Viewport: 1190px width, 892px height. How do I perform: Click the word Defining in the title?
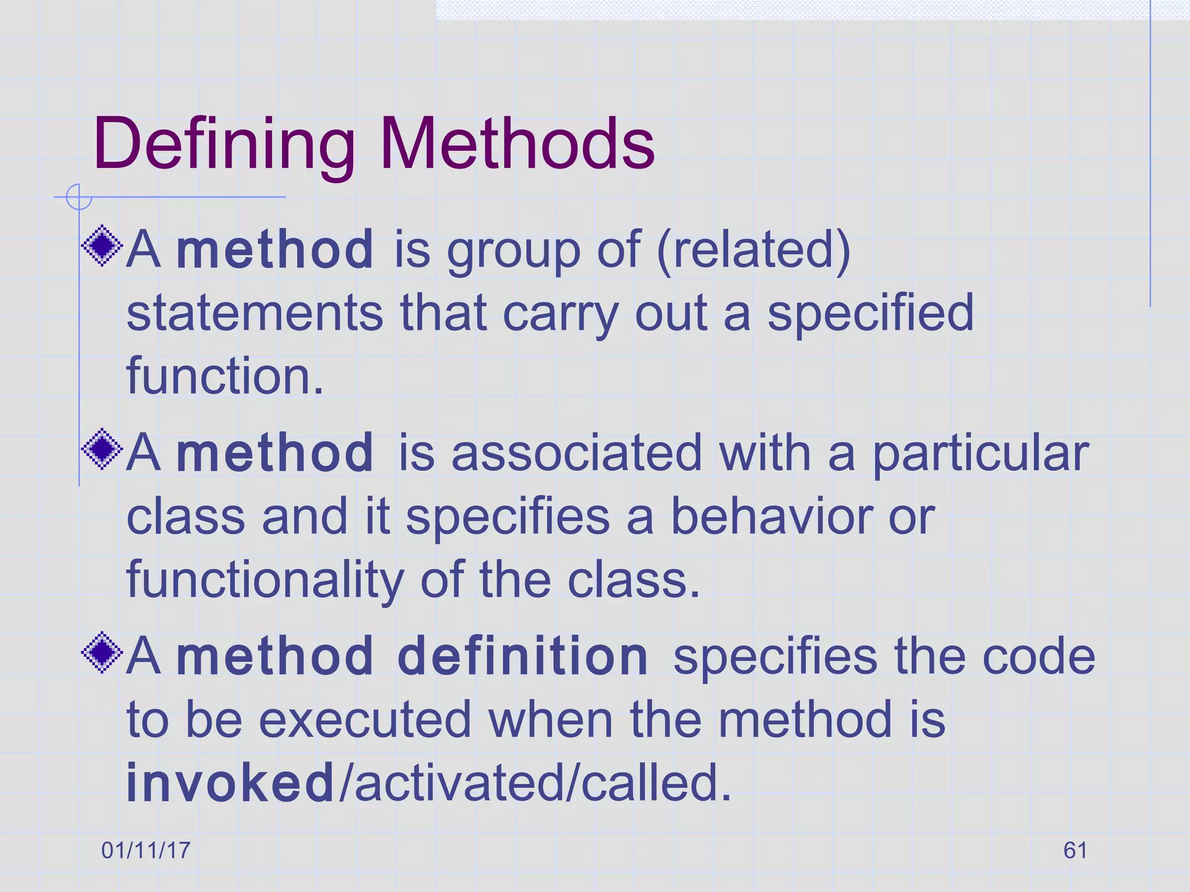click(224, 145)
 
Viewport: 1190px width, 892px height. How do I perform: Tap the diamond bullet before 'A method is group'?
click(102, 246)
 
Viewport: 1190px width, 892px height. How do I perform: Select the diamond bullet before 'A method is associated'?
click(102, 449)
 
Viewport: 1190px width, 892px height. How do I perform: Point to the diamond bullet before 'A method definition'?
click(102, 652)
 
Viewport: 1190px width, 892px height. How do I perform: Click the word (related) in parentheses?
click(754, 250)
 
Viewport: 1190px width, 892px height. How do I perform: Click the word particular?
click(980, 454)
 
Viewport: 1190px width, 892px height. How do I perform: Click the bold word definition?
click(522, 656)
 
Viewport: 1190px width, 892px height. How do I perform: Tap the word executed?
click(364, 720)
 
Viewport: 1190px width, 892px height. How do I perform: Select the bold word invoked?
click(230, 783)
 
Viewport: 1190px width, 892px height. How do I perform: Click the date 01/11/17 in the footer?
click(146, 850)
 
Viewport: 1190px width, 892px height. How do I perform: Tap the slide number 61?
click(1075, 850)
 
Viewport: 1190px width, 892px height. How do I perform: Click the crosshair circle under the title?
click(78, 197)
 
